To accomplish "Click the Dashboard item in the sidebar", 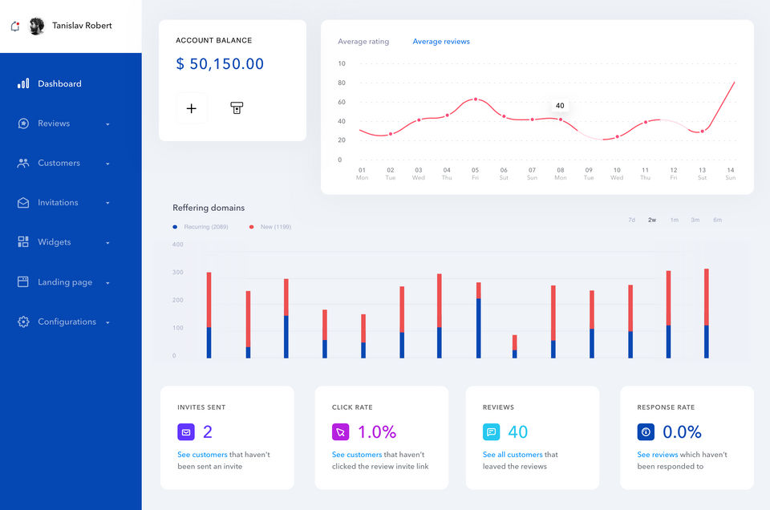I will tap(59, 83).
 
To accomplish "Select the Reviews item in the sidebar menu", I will tap(54, 123).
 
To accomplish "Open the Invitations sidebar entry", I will tap(58, 203).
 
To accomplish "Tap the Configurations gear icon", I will tap(23, 322).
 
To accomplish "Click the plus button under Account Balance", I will tap(191, 108).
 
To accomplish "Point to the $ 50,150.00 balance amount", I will tap(220, 64).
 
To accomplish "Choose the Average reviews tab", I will tap(441, 42).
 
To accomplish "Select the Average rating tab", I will tap(363, 42).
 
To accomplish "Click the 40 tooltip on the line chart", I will tap(560, 106).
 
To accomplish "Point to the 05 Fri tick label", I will tap(475, 173).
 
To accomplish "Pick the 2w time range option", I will tap(652, 220).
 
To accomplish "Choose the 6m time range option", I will tap(717, 220).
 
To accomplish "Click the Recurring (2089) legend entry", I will tap(201, 227).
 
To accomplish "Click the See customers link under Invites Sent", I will tap(202, 455).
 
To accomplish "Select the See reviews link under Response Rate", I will tap(658, 455).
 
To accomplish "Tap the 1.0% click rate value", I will tap(377, 432).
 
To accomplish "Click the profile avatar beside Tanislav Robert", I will tap(37, 26).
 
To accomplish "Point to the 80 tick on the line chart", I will tap(342, 83).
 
